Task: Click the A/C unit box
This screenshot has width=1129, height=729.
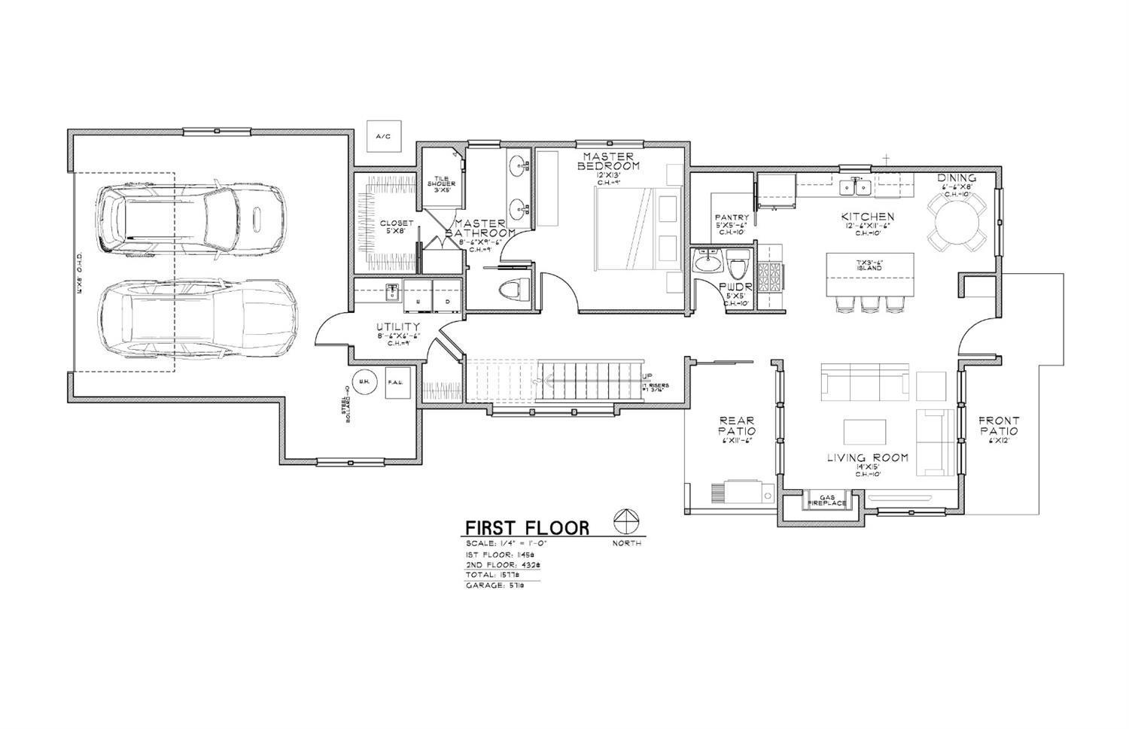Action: click(x=383, y=137)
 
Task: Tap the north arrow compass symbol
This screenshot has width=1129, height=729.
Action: click(x=626, y=521)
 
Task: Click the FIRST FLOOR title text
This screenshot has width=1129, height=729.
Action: click(x=527, y=528)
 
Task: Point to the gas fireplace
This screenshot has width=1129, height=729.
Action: click(x=827, y=500)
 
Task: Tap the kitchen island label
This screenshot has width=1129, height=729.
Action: click(x=869, y=265)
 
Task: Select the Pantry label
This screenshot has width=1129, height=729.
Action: click(x=731, y=218)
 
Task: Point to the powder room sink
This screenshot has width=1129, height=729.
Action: click(x=707, y=263)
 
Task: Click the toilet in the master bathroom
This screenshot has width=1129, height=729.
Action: click(x=515, y=289)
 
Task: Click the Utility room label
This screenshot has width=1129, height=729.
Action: click(x=398, y=327)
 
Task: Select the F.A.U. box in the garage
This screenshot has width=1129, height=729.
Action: click(x=397, y=382)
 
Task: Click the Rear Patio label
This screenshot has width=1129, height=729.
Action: click(x=737, y=426)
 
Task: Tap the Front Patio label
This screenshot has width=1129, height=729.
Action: click(x=999, y=426)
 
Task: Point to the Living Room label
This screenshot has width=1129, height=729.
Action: click(x=867, y=457)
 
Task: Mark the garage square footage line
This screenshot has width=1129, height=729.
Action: click(x=495, y=585)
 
